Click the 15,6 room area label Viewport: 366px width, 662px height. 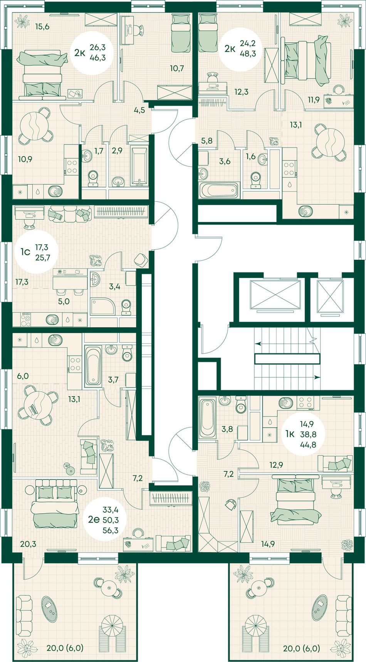click(x=42, y=27)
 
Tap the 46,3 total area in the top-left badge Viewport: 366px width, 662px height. click(x=97, y=58)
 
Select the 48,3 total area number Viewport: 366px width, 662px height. click(x=248, y=54)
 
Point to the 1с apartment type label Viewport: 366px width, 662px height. click(x=25, y=252)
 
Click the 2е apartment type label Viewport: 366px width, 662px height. click(x=94, y=520)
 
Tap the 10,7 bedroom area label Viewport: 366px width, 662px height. click(x=177, y=69)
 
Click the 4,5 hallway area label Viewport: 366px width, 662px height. click(x=139, y=110)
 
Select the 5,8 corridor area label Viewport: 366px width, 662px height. click(x=207, y=141)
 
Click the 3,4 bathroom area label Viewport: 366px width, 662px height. click(x=114, y=286)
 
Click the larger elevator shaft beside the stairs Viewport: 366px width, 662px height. click(x=275, y=295)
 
